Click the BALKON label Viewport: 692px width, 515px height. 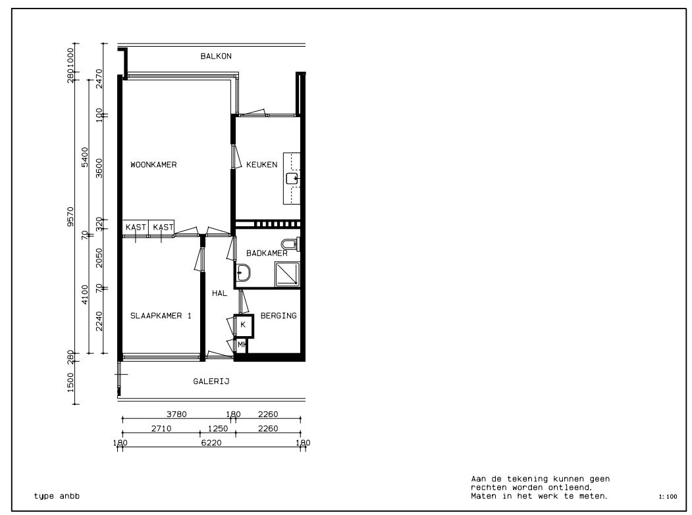tap(216, 57)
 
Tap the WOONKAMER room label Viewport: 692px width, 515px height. tap(153, 165)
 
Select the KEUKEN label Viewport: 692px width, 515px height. tap(262, 165)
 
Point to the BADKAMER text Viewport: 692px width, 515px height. tap(267, 253)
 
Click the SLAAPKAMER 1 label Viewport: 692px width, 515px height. tap(161, 316)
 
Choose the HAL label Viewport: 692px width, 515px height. tap(219, 294)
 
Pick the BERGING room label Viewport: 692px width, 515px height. tap(279, 316)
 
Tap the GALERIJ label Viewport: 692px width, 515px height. tap(211, 381)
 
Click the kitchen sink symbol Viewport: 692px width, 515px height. tap(292, 178)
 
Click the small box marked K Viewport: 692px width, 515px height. tap(243, 325)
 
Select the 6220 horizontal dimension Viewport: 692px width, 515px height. tap(211, 443)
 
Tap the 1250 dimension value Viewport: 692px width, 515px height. tap(217, 429)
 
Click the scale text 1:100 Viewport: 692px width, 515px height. tap(667, 497)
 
